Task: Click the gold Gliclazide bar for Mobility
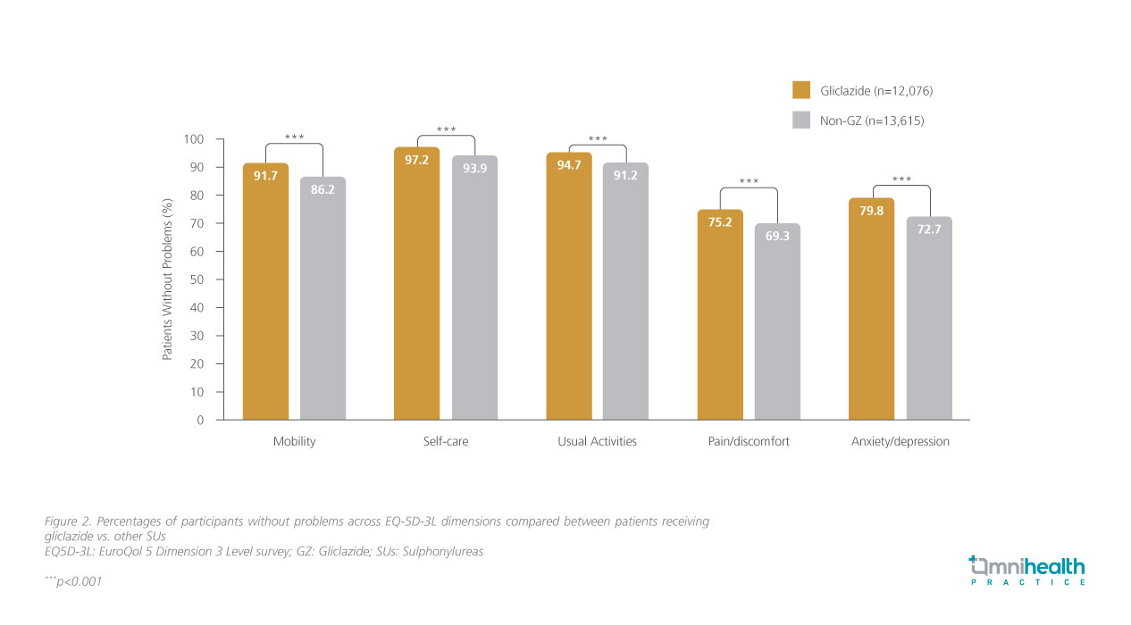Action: click(x=265, y=295)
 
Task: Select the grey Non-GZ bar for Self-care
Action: click(x=474, y=290)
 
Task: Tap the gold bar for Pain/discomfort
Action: click(x=720, y=317)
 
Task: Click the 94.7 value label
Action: click(x=569, y=164)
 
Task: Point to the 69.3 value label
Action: click(x=777, y=235)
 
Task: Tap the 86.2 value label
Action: click(x=323, y=189)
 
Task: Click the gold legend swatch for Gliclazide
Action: click(x=800, y=90)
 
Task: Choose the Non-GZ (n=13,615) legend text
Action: click(x=872, y=121)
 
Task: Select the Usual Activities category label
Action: click(x=597, y=442)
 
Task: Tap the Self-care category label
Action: click(x=445, y=442)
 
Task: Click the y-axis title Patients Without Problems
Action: click(x=167, y=279)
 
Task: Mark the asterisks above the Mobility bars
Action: click(x=294, y=137)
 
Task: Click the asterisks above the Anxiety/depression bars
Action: click(x=901, y=179)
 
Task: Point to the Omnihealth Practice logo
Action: click(x=1027, y=570)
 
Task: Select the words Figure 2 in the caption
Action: click(x=70, y=521)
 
